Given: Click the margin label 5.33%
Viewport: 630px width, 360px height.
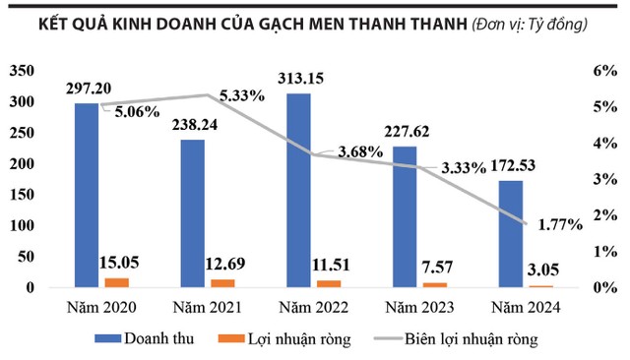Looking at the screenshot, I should (240, 96).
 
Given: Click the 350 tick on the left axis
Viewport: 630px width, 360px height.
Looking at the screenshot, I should (22, 71).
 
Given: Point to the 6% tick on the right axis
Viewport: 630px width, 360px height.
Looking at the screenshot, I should (602, 71).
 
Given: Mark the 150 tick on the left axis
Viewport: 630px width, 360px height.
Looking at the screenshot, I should (22, 195).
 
